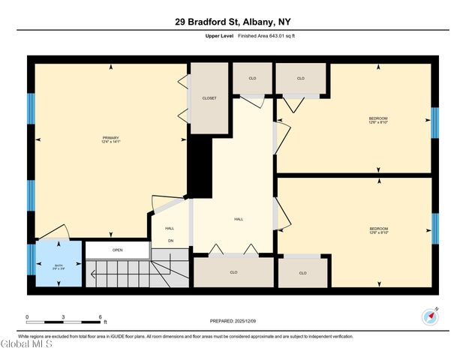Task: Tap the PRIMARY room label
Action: point(111,138)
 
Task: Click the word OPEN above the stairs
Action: point(117,250)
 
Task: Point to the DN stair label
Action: point(170,241)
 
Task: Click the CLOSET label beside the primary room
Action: point(209,98)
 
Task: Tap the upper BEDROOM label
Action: point(378,118)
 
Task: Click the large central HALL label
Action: point(239,219)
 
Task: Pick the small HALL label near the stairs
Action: point(170,228)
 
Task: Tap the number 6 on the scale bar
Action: point(100,316)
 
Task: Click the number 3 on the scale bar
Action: point(64,316)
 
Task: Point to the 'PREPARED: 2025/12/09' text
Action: point(233,321)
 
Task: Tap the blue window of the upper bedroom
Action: point(434,123)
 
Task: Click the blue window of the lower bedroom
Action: point(434,229)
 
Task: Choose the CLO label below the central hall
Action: point(233,272)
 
